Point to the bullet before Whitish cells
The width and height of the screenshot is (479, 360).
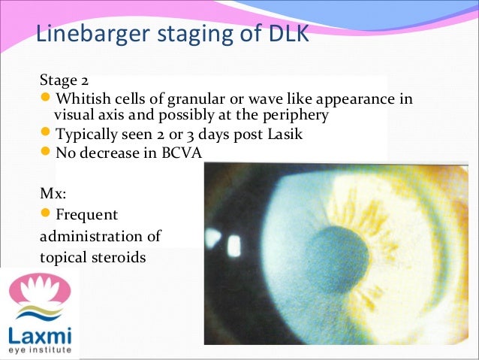[x=47, y=98]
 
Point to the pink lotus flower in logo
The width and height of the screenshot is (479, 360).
[x=39, y=290]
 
